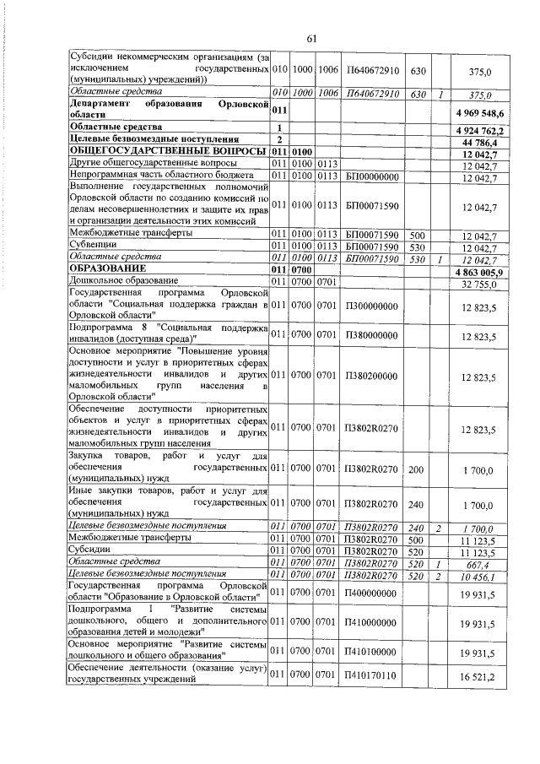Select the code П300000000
click(371, 305)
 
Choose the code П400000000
click(371, 593)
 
